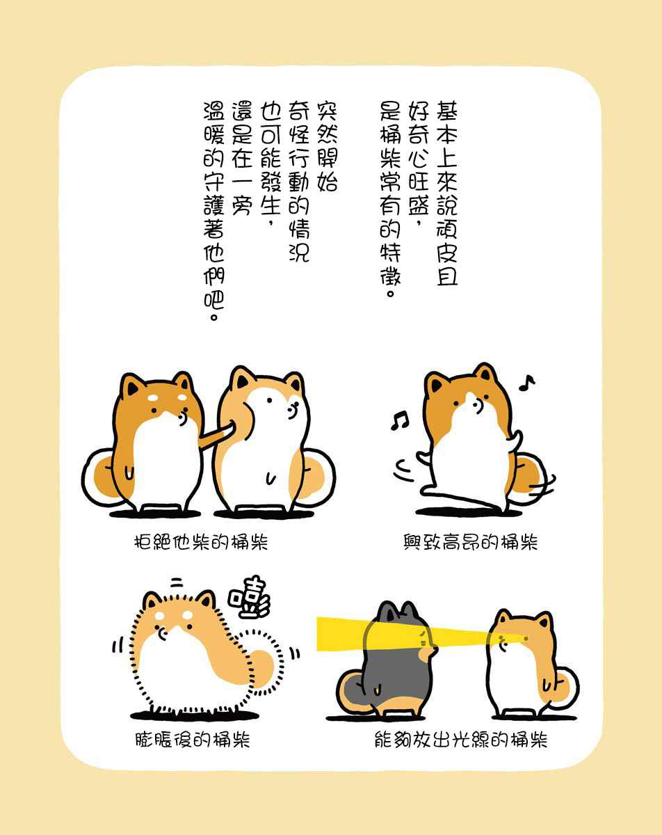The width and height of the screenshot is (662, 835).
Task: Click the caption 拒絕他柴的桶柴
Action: coord(201,542)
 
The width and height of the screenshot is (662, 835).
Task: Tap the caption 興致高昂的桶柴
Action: coord(470,542)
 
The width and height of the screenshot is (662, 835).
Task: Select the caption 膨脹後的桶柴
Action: coord(193,740)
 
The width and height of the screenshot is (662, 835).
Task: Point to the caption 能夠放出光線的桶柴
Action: coord(461,740)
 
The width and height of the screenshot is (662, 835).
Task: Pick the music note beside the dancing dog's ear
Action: coord(527,383)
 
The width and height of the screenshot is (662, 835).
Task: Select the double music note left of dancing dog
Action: coord(399,420)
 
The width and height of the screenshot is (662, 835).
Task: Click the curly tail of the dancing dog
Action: coord(531,478)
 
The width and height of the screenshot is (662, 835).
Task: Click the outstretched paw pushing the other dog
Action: coord(217,436)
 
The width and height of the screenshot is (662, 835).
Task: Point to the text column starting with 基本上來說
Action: coord(446,193)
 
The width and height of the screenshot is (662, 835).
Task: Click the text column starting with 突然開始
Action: coord(328,147)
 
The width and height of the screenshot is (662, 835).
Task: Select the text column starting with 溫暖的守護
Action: coord(213,212)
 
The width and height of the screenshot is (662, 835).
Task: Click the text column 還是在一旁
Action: coord(243,159)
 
